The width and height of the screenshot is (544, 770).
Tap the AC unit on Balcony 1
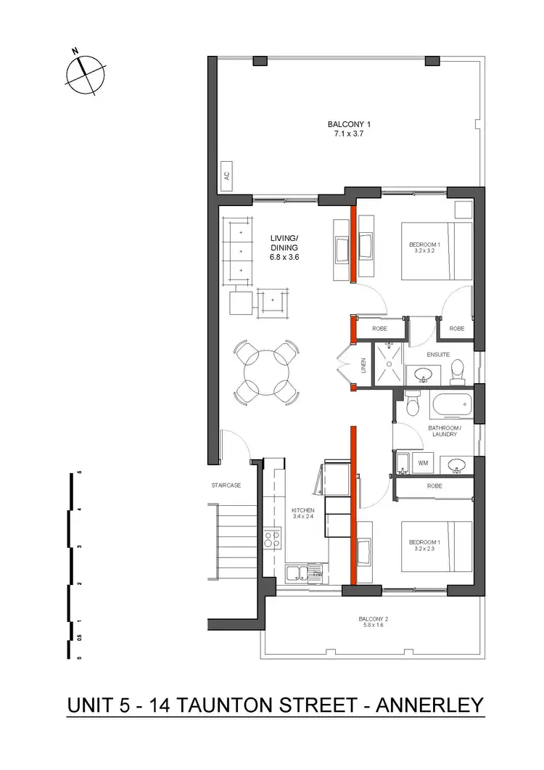226,175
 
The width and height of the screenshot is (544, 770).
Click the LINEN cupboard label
363,367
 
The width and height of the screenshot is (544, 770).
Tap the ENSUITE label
439,355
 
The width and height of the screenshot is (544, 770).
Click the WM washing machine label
424,462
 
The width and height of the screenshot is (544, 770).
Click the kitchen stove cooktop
273,538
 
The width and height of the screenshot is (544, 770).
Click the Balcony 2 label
374,622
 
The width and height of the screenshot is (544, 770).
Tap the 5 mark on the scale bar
79,472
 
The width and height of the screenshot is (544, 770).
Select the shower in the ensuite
390,364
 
